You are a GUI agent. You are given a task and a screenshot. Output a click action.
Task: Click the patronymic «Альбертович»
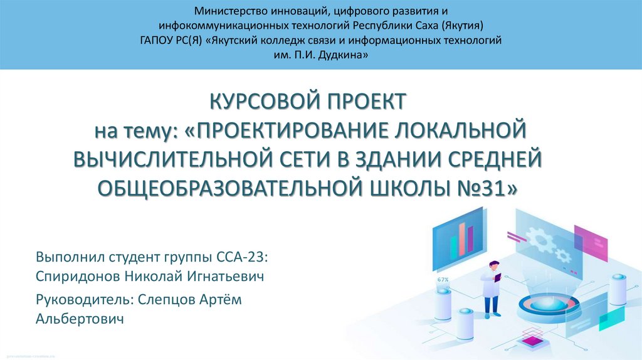point(80,319)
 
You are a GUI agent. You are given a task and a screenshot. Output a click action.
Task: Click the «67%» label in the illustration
point(443,279)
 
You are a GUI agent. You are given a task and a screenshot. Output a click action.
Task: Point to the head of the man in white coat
point(494,266)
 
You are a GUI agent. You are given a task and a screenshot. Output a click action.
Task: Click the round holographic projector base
point(550,305)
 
